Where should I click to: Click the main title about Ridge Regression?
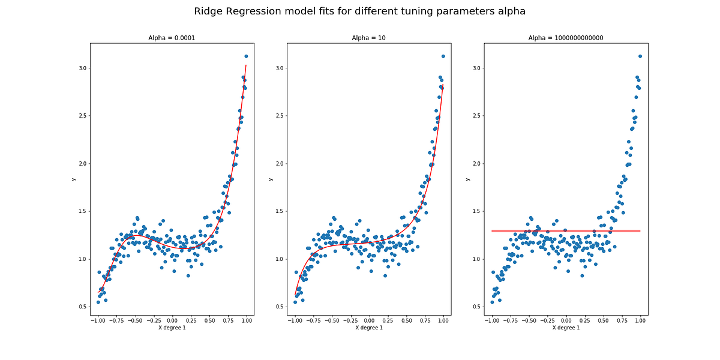click(x=360, y=11)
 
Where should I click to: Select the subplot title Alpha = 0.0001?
click(x=172, y=38)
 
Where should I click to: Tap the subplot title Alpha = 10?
click(x=368, y=38)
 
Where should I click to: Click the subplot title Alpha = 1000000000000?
click(x=566, y=38)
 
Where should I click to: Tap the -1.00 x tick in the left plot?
click(x=97, y=321)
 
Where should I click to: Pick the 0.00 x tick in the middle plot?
click(x=369, y=321)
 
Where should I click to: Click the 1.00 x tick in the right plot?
click(x=640, y=321)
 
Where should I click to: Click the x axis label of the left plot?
click(x=172, y=328)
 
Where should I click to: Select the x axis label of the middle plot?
click(x=368, y=328)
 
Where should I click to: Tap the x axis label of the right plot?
click(x=566, y=328)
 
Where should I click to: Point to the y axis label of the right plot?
click(x=468, y=179)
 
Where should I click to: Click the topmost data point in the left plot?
click(x=246, y=56)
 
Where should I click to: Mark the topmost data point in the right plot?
click(x=640, y=56)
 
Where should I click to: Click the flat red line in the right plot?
click(x=566, y=231)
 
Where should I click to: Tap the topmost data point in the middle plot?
click(x=443, y=56)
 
